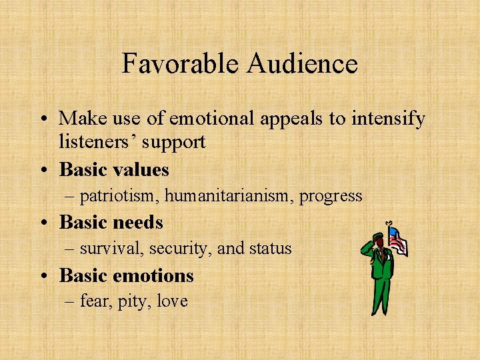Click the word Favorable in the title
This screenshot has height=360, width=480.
[181, 64]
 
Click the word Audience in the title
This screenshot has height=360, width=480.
[302, 64]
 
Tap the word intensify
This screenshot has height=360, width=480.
[385, 119]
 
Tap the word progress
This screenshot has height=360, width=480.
[331, 197]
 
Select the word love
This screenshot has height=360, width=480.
[173, 301]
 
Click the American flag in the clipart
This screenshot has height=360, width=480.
[397, 240]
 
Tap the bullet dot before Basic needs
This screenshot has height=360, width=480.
[44, 223]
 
